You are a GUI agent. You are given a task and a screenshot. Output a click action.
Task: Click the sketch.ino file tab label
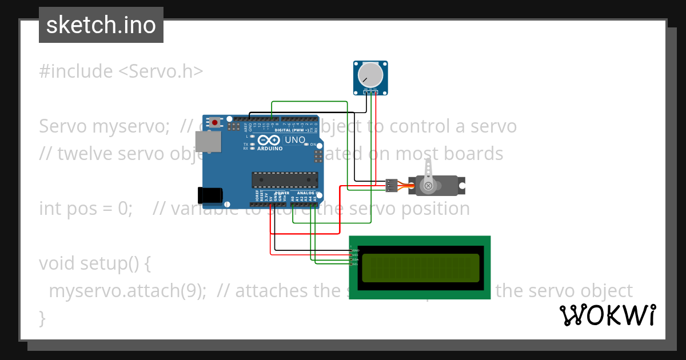(x=101, y=25)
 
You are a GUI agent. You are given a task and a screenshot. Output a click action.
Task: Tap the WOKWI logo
(x=607, y=315)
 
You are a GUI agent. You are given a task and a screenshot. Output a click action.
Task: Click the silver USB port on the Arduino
(x=208, y=142)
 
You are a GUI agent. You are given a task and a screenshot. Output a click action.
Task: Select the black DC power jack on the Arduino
(x=209, y=195)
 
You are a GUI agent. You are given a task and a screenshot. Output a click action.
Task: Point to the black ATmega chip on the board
(x=285, y=179)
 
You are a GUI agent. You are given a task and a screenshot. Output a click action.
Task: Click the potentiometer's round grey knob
(x=370, y=75)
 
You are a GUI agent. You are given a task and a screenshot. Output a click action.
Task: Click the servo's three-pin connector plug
(x=391, y=185)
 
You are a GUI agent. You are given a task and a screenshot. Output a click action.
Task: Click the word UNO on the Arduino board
(x=295, y=140)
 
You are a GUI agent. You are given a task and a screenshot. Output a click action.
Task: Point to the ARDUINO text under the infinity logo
(x=270, y=149)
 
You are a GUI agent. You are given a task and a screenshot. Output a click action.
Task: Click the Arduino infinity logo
(x=269, y=141)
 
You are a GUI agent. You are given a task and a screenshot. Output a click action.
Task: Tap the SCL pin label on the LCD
(x=354, y=264)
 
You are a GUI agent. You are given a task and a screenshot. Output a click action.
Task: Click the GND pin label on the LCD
(x=354, y=250)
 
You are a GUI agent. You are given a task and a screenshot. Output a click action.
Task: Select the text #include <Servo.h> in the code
(x=121, y=71)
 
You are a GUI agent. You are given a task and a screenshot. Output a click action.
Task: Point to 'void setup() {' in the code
(x=95, y=263)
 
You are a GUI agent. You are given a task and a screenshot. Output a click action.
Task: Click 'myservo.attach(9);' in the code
(x=127, y=291)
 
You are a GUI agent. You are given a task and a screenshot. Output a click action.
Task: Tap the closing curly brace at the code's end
(x=42, y=317)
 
